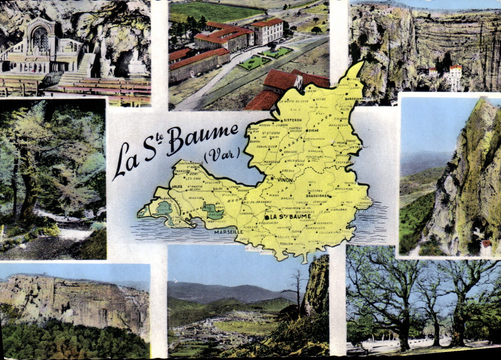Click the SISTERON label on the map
pos(293,120)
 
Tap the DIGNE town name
pos(313,130)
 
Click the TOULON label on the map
pos(286,244)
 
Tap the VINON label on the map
pos(285,180)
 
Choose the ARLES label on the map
pos(177,187)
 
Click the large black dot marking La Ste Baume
pos(268,217)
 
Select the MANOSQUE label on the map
pos(272,162)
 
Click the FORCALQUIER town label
pos(267,146)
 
